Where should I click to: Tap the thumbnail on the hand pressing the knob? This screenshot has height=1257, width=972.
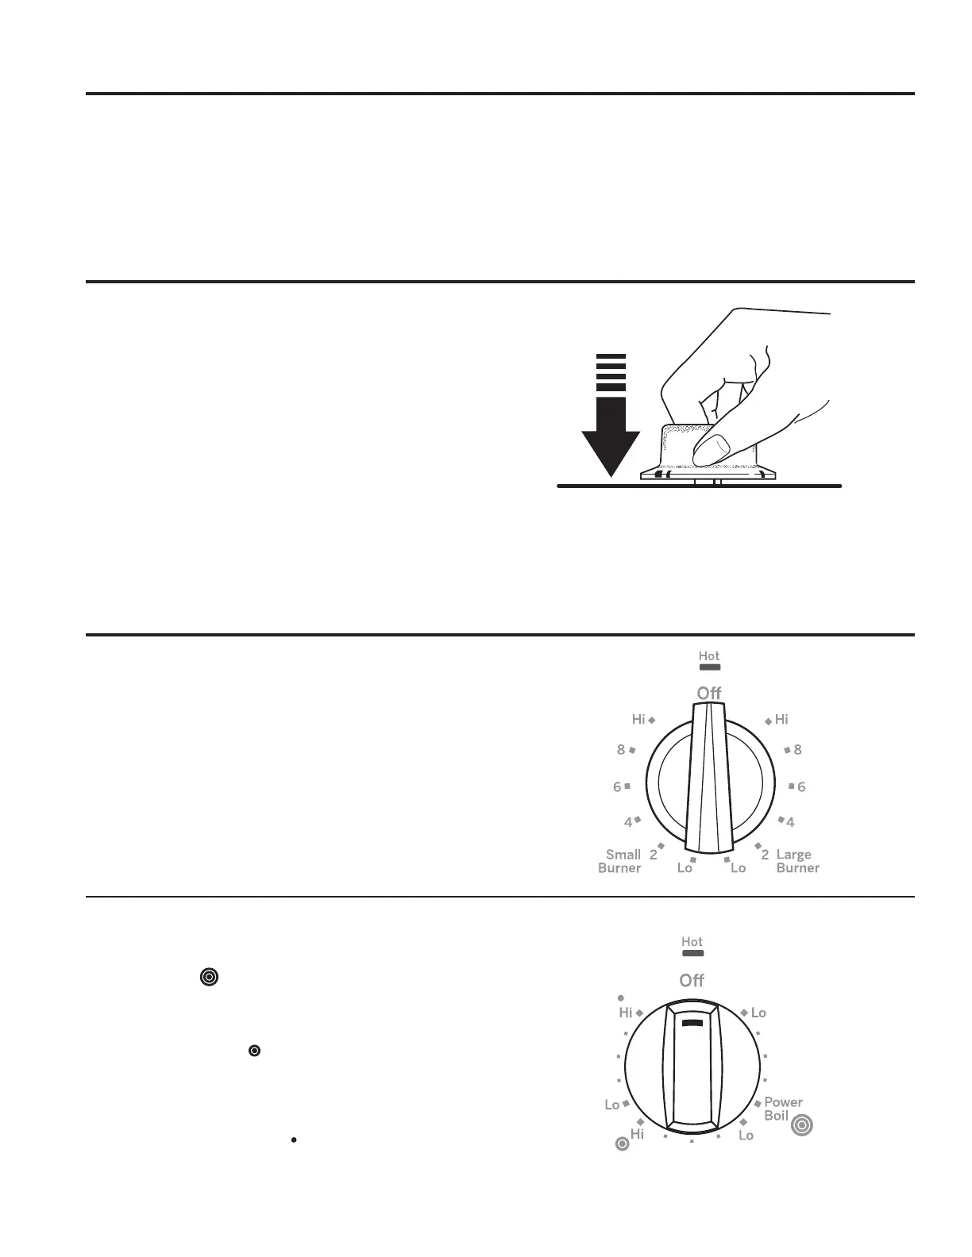coord(718,444)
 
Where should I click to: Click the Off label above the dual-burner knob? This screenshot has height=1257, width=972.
coord(709,693)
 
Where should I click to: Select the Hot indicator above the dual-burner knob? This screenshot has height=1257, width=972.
coord(709,660)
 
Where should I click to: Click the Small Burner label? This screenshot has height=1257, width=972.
coord(620,861)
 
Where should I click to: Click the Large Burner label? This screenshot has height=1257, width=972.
coord(798,861)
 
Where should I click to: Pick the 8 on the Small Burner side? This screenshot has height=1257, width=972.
coord(621,750)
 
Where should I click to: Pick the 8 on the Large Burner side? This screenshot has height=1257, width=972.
coord(798,750)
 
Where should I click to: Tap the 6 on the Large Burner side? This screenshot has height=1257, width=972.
coord(801,786)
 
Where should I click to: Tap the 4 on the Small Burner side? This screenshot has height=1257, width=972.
coord(628,822)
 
